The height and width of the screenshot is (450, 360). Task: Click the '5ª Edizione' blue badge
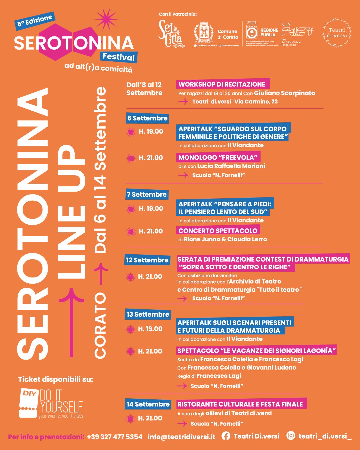pos(35,21)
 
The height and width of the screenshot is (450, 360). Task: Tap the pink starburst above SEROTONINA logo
pos(106,19)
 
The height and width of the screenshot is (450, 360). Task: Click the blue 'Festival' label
pos(119,57)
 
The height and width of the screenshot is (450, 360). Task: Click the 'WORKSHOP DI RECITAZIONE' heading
pos(222,84)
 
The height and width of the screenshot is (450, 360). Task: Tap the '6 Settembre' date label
pos(147,118)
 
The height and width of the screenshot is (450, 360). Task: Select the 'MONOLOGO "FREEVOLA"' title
pos(218,157)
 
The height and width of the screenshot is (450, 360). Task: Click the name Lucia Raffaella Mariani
pos(231,166)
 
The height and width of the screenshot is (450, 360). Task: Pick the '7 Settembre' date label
pos(147,194)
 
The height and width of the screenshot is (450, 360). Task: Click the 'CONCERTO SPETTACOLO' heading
pos(218,231)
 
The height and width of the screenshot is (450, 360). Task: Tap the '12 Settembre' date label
pos(147,260)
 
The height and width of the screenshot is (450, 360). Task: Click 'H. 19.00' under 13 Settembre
pos(150,329)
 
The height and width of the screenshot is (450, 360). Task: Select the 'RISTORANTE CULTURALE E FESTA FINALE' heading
pos(240,404)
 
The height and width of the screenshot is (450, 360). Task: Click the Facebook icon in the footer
pos(226,436)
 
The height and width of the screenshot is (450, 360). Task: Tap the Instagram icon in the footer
pos(291,436)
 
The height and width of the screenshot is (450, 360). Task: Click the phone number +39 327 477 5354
pos(115,437)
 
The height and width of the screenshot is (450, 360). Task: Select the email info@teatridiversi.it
pos(182,437)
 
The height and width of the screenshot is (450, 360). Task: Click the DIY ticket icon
pos(28,403)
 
